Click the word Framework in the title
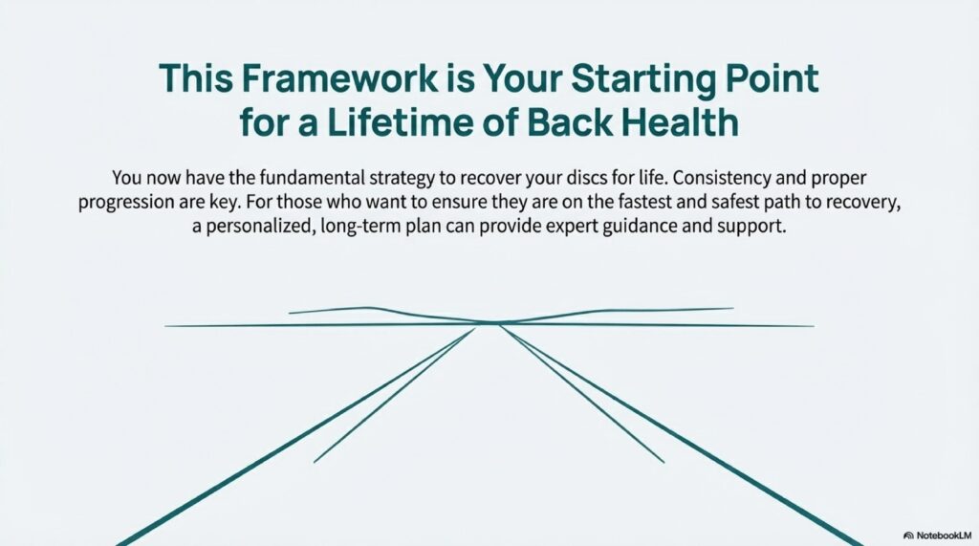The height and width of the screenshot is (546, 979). (x=339, y=78)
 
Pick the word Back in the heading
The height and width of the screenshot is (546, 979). (x=570, y=122)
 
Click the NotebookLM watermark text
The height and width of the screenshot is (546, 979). (x=944, y=535)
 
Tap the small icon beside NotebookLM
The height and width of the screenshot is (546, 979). (x=908, y=535)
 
